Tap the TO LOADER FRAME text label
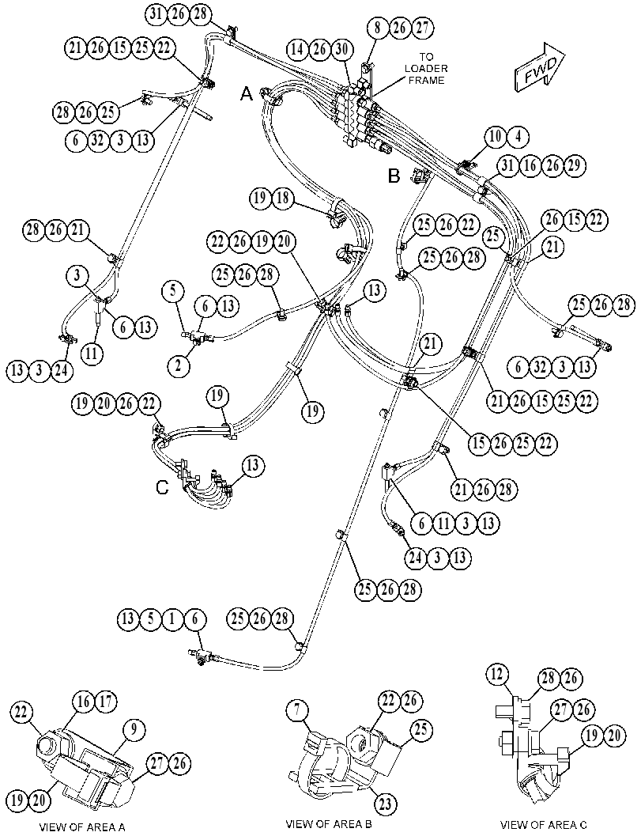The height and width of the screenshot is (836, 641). pos(426,68)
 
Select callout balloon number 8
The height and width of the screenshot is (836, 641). pos(378,28)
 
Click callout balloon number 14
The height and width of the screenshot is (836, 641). pos(297,50)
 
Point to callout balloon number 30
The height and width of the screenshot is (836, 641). pos(342,50)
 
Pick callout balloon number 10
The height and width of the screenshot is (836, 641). pos(496,137)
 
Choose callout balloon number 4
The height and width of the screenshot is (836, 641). pos(518,137)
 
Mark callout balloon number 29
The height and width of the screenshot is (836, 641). pos(575,166)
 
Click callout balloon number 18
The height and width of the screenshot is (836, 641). pos(283,199)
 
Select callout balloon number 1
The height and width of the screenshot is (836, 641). pos(172,619)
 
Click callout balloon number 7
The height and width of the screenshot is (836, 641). pos(297,711)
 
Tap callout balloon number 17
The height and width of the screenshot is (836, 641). pos(106,702)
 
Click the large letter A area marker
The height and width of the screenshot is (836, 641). pos(246,94)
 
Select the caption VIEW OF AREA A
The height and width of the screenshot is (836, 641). pos(82,827)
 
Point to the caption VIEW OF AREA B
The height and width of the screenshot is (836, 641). pos(329,823)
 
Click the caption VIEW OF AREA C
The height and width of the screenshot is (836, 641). pos(544,824)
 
